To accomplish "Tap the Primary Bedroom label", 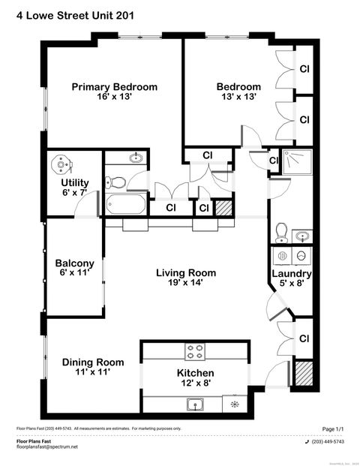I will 114,87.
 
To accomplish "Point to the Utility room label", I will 75,182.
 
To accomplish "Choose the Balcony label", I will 74,263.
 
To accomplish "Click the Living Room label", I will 185,272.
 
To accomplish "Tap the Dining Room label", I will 93,362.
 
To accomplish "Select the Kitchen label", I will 195,373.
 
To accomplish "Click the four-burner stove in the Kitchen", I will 195,350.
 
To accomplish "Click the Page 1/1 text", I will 332,429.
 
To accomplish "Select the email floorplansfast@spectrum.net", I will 47,447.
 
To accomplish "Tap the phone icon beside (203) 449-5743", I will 307,441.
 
